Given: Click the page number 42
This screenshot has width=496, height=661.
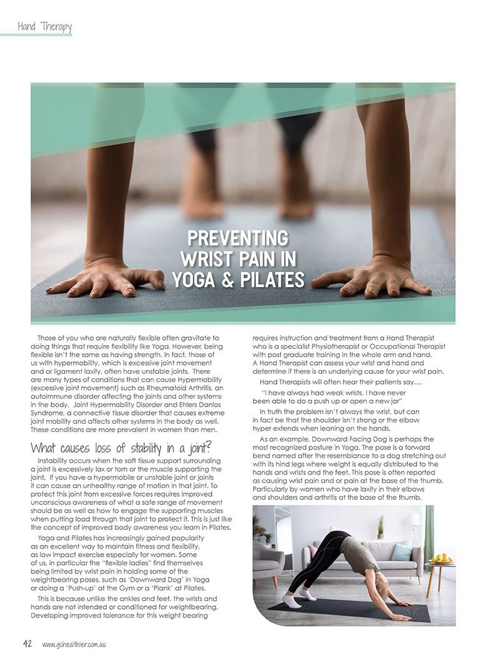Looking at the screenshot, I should click(x=27, y=644).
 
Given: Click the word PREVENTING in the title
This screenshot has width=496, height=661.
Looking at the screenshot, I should click(x=238, y=238).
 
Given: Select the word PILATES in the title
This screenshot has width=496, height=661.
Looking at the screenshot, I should click(x=269, y=279).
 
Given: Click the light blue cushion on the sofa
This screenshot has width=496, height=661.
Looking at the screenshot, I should click(x=402, y=552).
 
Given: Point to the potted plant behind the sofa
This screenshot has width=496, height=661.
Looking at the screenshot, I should click(x=380, y=527).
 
